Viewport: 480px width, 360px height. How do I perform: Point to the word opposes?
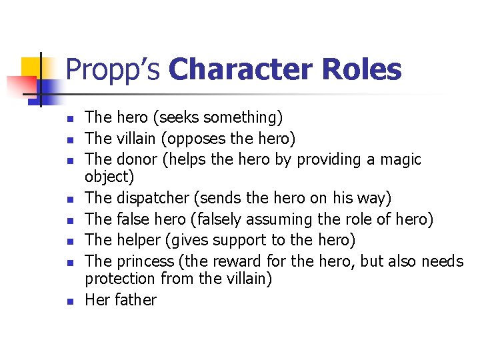(200, 139)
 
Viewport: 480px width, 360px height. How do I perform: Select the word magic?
(398, 159)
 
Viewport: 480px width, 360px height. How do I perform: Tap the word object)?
(109, 177)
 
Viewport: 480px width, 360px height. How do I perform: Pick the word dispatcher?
(155, 198)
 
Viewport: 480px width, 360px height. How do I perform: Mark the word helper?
(138, 239)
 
